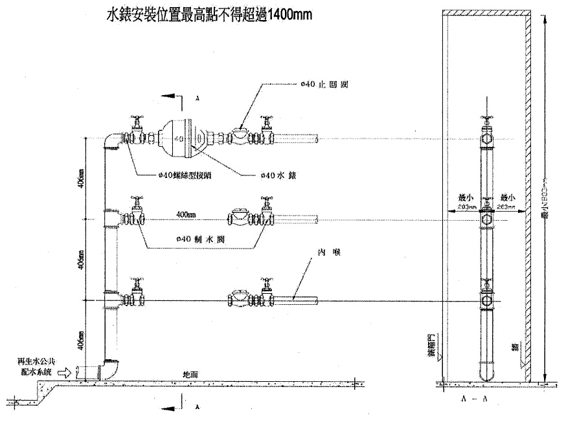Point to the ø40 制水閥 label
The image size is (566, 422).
click(197, 239)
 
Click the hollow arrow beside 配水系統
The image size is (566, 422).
click(65, 373)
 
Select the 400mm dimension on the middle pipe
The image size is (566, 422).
click(185, 214)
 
